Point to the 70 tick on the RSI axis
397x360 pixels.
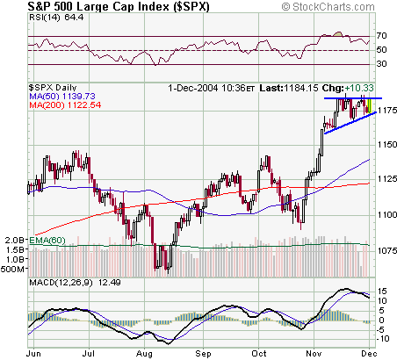click(381, 36)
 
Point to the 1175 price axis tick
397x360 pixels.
click(385, 111)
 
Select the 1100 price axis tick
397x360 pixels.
click(385, 214)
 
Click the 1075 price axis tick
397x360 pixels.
click(385, 248)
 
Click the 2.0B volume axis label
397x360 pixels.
click(13, 239)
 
